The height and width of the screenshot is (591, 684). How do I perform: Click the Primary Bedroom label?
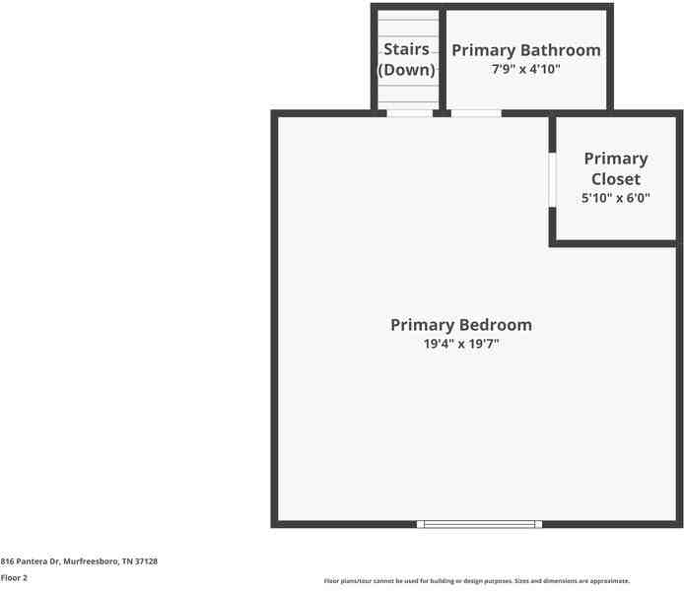click(x=461, y=325)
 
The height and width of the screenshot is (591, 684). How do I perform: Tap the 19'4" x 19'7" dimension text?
click(x=461, y=344)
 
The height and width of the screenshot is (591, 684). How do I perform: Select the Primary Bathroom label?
click(x=526, y=50)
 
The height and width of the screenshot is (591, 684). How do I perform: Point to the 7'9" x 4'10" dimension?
click(x=526, y=69)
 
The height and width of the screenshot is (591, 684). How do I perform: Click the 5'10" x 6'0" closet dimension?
click(x=616, y=198)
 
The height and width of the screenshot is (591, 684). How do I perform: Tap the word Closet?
click(x=616, y=178)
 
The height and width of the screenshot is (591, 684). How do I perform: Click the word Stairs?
click(x=407, y=49)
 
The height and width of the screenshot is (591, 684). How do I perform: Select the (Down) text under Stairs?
click(x=407, y=70)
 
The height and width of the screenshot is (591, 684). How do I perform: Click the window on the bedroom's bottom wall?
click(x=479, y=524)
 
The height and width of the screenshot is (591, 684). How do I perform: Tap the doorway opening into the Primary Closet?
click(x=552, y=180)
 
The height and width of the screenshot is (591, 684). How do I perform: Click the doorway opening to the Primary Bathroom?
click(x=476, y=113)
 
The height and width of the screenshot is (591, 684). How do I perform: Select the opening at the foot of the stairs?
click(x=410, y=113)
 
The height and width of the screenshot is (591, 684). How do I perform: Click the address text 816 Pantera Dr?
click(x=30, y=561)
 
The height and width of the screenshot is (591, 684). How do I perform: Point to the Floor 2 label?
click(x=14, y=578)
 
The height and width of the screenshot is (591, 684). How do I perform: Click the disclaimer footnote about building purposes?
click(x=477, y=581)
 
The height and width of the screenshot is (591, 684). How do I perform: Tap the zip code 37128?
click(x=146, y=561)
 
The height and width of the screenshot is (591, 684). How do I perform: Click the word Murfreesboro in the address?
click(x=91, y=561)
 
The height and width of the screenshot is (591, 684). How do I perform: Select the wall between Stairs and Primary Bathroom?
click(x=443, y=59)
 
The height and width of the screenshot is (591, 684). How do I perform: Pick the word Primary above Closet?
click(x=616, y=159)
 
